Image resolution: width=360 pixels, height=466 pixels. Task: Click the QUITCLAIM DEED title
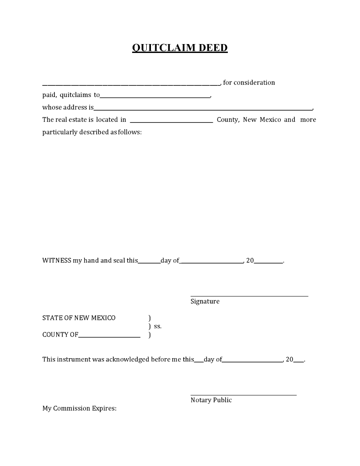(180, 48)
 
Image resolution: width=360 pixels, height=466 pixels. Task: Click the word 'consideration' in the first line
(255, 83)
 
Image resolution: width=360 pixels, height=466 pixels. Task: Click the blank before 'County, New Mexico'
(171, 122)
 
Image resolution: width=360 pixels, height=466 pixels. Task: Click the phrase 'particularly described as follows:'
(92, 132)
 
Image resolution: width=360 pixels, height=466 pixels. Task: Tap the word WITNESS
(57, 260)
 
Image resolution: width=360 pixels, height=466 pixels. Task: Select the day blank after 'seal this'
(149, 263)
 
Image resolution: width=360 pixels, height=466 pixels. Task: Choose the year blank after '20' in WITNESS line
(269, 263)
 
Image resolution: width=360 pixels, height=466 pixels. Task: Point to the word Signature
(205, 301)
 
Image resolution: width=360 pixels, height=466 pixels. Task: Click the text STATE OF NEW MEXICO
(79, 318)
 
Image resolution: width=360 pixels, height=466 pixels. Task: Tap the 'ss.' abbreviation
(157, 326)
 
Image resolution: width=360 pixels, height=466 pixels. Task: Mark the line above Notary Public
(243, 395)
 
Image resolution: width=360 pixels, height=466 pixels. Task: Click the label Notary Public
(211, 400)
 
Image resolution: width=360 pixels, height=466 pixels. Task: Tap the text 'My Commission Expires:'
(79, 408)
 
